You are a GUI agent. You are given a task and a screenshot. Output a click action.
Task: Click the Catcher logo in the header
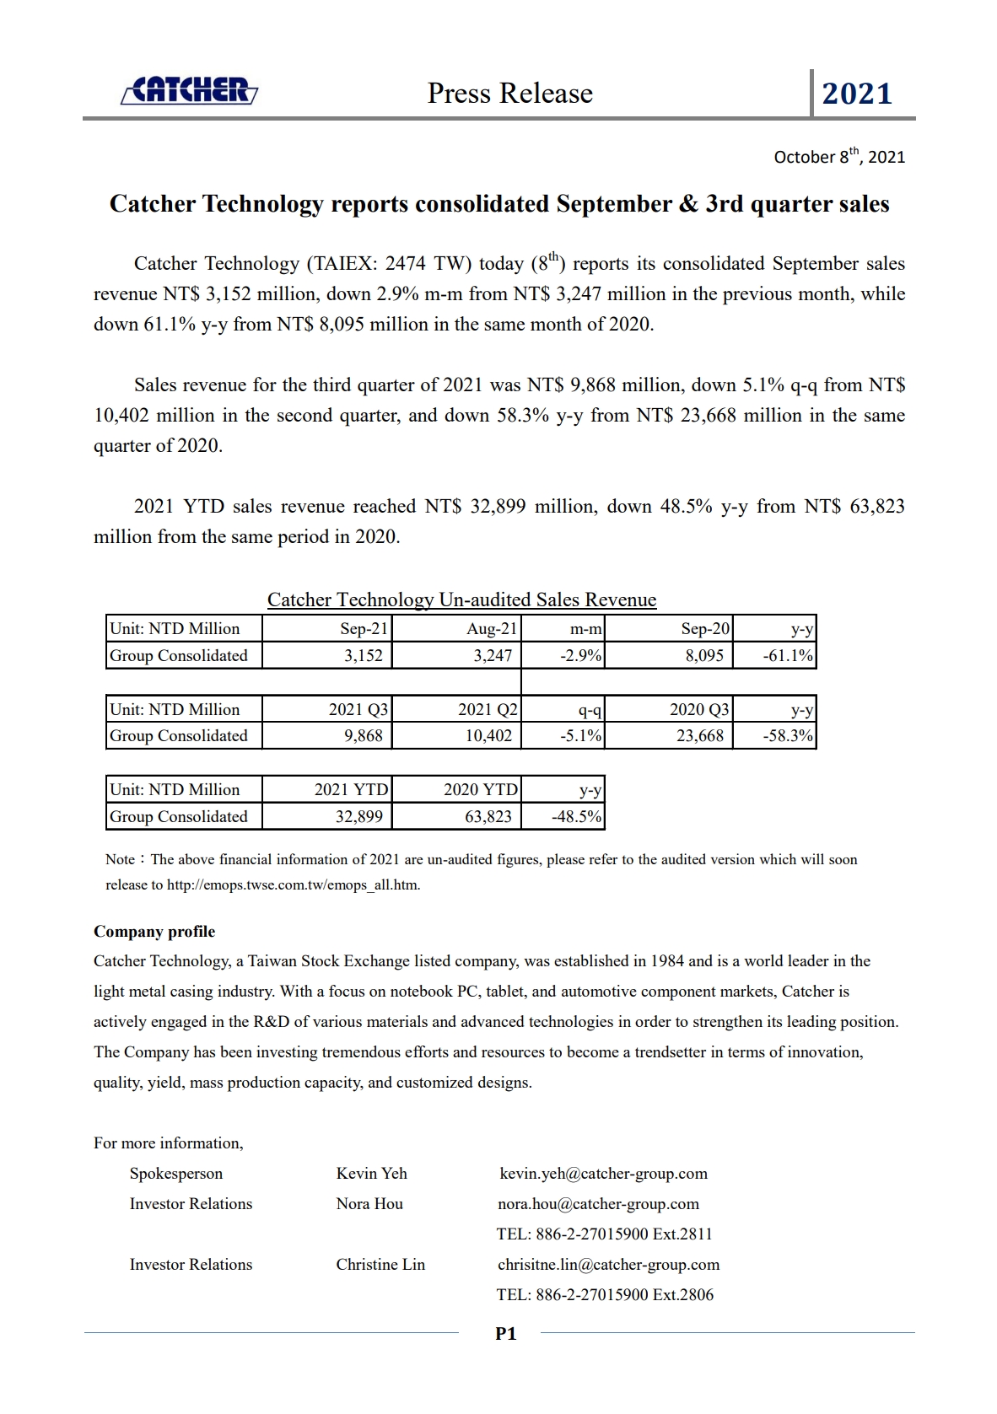point(190,90)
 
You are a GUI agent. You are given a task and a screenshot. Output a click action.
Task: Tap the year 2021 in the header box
point(857,94)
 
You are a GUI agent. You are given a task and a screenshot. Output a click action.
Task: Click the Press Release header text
point(509,93)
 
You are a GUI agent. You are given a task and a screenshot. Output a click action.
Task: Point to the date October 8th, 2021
point(839,157)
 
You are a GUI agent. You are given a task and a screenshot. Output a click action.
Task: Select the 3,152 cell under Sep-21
point(364,656)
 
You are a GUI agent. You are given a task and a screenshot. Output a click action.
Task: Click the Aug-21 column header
point(492,629)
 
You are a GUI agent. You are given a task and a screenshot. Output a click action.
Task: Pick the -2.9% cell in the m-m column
point(581,656)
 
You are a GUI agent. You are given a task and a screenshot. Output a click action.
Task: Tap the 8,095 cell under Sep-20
point(704,656)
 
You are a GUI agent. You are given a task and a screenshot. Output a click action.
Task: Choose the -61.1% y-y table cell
point(788,656)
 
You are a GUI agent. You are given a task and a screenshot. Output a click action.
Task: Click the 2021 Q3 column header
point(358,710)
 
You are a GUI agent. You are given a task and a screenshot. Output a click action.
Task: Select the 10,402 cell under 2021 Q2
point(488,736)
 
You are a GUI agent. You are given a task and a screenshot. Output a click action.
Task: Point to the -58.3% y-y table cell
point(788,736)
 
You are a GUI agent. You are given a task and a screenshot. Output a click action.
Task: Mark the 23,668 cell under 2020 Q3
point(700,736)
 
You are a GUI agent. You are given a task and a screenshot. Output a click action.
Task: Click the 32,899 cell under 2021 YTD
point(359,817)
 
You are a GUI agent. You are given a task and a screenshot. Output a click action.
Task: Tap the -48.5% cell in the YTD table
point(577,817)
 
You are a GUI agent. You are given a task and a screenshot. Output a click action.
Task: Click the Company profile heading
point(154,932)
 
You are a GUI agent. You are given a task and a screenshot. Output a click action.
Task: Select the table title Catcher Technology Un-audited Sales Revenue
point(461,599)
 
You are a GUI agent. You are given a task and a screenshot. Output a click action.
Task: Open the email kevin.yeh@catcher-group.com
point(603,1174)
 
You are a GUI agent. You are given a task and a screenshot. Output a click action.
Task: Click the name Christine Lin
point(380,1265)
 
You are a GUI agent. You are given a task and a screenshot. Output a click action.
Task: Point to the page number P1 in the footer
point(505,1334)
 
